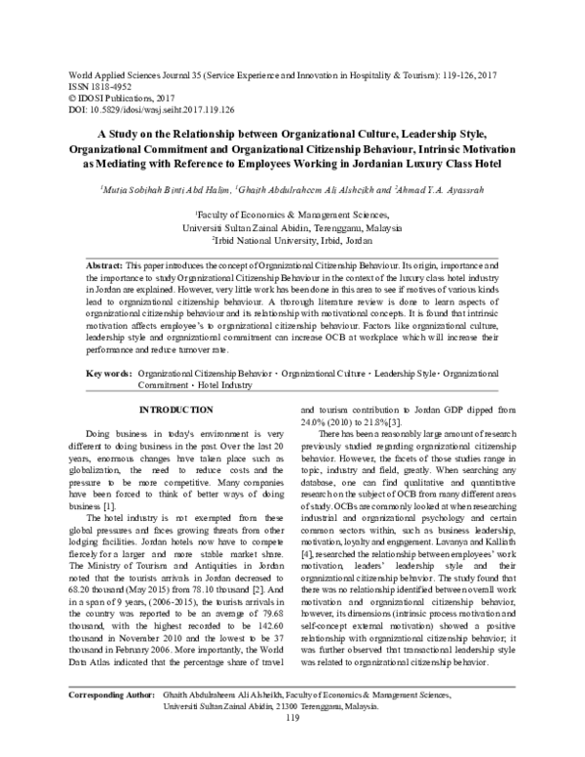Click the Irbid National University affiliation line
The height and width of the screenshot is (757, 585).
292,237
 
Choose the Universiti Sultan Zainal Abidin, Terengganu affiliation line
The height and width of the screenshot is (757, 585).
292,223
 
